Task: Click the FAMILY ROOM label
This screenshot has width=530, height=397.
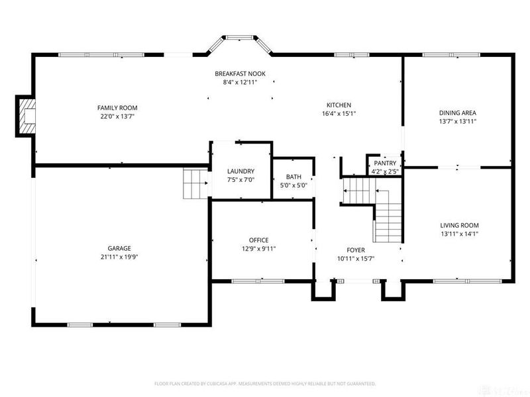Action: click(117, 107)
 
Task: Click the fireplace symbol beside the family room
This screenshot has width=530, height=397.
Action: click(26, 116)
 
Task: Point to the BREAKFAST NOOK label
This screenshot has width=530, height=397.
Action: click(240, 73)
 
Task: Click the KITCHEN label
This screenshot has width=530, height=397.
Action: click(339, 105)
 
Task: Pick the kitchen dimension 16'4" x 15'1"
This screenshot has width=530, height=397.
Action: click(339, 113)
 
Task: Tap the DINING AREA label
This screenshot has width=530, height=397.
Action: click(458, 112)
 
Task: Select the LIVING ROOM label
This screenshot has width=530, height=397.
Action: click(459, 225)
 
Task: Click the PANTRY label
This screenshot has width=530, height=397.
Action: click(385, 163)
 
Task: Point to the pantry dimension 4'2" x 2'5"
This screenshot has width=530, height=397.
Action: click(385, 172)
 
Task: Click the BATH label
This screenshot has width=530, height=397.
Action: click(293, 177)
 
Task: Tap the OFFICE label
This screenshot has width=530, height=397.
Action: click(258, 240)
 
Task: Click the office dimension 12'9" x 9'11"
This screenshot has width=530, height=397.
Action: click(258, 249)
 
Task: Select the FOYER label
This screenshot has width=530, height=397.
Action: click(356, 250)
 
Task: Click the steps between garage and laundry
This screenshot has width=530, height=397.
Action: click(196, 183)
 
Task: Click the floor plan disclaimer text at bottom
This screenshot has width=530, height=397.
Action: click(265, 383)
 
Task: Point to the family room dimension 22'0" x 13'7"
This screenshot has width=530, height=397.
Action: click(117, 116)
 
